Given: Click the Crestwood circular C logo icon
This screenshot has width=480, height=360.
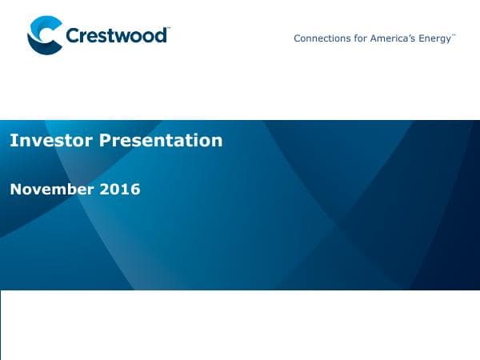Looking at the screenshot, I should (44, 36).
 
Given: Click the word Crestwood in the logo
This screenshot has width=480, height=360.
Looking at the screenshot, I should (116, 36).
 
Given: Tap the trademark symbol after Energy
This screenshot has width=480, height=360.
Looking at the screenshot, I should (454, 35).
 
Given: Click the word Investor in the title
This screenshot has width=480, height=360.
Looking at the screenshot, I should (47, 141).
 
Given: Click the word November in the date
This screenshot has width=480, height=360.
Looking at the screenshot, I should (51, 190).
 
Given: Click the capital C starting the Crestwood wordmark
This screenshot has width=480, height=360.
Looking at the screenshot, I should (74, 36).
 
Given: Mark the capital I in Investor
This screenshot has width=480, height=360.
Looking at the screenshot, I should (12, 141).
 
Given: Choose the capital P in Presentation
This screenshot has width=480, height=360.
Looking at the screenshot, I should (103, 141).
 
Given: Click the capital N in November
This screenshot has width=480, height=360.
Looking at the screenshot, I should (15, 190).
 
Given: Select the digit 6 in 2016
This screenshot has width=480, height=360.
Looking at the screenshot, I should (135, 190).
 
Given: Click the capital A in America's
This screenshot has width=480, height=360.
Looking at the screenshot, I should (373, 38).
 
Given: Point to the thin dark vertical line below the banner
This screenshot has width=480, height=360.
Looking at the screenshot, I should (1, 324).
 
